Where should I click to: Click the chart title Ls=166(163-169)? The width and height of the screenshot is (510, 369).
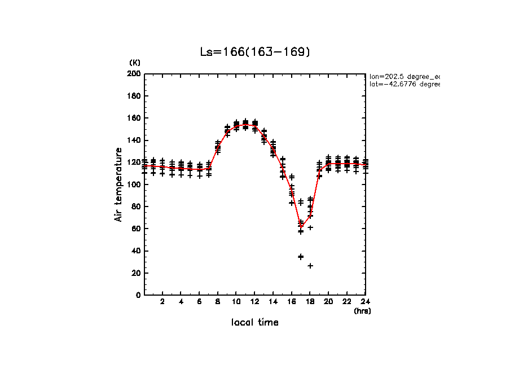[x=255, y=52]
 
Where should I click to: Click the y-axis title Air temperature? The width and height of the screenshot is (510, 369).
[x=118, y=184]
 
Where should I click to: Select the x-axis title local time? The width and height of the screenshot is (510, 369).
[x=255, y=322]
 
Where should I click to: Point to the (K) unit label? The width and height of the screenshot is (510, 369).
[x=135, y=62]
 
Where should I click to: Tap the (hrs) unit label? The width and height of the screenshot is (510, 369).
[x=362, y=311]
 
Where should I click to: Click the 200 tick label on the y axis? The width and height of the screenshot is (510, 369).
[x=134, y=74]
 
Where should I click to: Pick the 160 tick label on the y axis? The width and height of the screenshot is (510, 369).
[x=134, y=118]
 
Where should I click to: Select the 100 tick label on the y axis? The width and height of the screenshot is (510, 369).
[x=134, y=184]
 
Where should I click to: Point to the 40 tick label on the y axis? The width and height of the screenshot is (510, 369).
[x=135, y=251]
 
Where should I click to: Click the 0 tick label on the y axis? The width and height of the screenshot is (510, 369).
[x=138, y=295]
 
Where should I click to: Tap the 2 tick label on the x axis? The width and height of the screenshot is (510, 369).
[x=162, y=302]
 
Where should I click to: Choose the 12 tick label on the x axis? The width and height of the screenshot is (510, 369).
[x=255, y=302]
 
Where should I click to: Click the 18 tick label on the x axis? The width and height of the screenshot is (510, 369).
[x=310, y=302]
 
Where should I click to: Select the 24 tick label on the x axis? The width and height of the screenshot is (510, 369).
[x=366, y=302]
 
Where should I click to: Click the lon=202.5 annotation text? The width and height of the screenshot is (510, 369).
[x=404, y=76]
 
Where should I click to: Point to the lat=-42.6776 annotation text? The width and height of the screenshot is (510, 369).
[x=404, y=84]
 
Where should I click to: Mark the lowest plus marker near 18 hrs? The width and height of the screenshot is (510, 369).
[x=310, y=266]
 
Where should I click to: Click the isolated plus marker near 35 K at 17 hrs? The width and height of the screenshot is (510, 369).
[x=301, y=257]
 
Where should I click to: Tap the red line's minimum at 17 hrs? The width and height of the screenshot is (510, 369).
[x=301, y=227]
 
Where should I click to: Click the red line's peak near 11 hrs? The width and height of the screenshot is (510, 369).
[x=245, y=125]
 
